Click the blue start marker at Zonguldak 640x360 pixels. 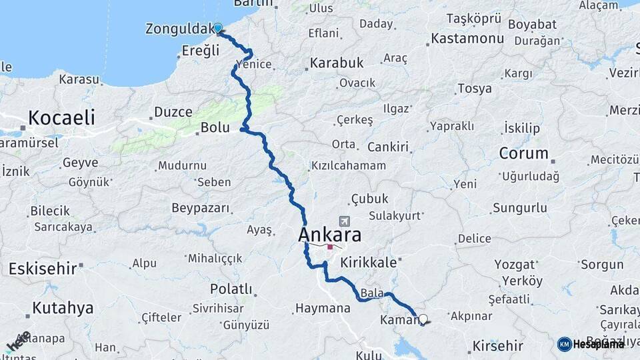coord(218,28)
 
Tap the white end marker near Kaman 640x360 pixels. coord(423,319)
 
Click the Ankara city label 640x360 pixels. coord(330,235)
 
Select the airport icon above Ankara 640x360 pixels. coord(345,221)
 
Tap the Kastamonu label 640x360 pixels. coord(467,39)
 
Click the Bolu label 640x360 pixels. coord(215,128)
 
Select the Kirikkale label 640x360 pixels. coord(368,263)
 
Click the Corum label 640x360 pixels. coord(523,153)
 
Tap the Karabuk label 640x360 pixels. coord(335,63)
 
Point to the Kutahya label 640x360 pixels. coord(63,308)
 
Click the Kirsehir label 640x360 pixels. coord(497,346)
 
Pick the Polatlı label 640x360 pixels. coord(231,289)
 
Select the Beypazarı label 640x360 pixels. coord(201,208)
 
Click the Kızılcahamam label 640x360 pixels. coord(348,165)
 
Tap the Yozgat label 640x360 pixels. coord(515,264)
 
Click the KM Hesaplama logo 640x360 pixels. coord(591,344)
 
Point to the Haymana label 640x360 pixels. coord(323,308)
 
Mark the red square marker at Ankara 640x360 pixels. coord(330,247)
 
